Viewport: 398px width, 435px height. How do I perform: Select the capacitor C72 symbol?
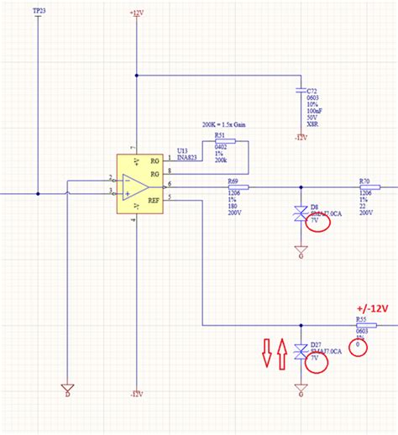click(300, 87)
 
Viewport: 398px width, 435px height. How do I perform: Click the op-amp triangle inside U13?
click(133, 186)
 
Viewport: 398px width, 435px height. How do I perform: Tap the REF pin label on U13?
click(154, 200)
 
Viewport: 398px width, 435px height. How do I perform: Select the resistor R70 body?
click(365, 186)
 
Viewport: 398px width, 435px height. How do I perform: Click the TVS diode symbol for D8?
click(300, 214)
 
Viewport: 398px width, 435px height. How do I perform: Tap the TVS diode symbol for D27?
click(300, 353)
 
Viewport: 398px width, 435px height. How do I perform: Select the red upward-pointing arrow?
click(282, 352)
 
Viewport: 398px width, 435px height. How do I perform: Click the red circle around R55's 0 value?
click(360, 345)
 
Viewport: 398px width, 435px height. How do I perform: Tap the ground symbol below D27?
click(300, 389)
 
